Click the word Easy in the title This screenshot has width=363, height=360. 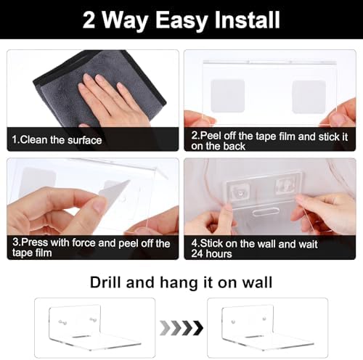(181, 20)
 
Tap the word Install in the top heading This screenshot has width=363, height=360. (248, 20)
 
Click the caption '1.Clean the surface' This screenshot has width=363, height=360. (57, 140)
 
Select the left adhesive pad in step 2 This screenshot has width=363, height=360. (228, 96)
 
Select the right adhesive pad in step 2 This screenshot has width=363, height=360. (309, 97)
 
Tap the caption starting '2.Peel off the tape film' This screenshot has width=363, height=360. (269, 141)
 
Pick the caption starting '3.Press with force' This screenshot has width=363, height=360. (91, 247)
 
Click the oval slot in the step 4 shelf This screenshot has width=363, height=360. (265, 212)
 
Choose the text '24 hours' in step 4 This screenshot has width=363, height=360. (211, 254)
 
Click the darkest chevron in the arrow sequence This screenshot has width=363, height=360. (197, 328)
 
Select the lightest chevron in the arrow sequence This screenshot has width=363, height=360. (165, 328)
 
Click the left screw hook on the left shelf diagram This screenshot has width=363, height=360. (62, 322)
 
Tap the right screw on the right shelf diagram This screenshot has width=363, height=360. (264, 318)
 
